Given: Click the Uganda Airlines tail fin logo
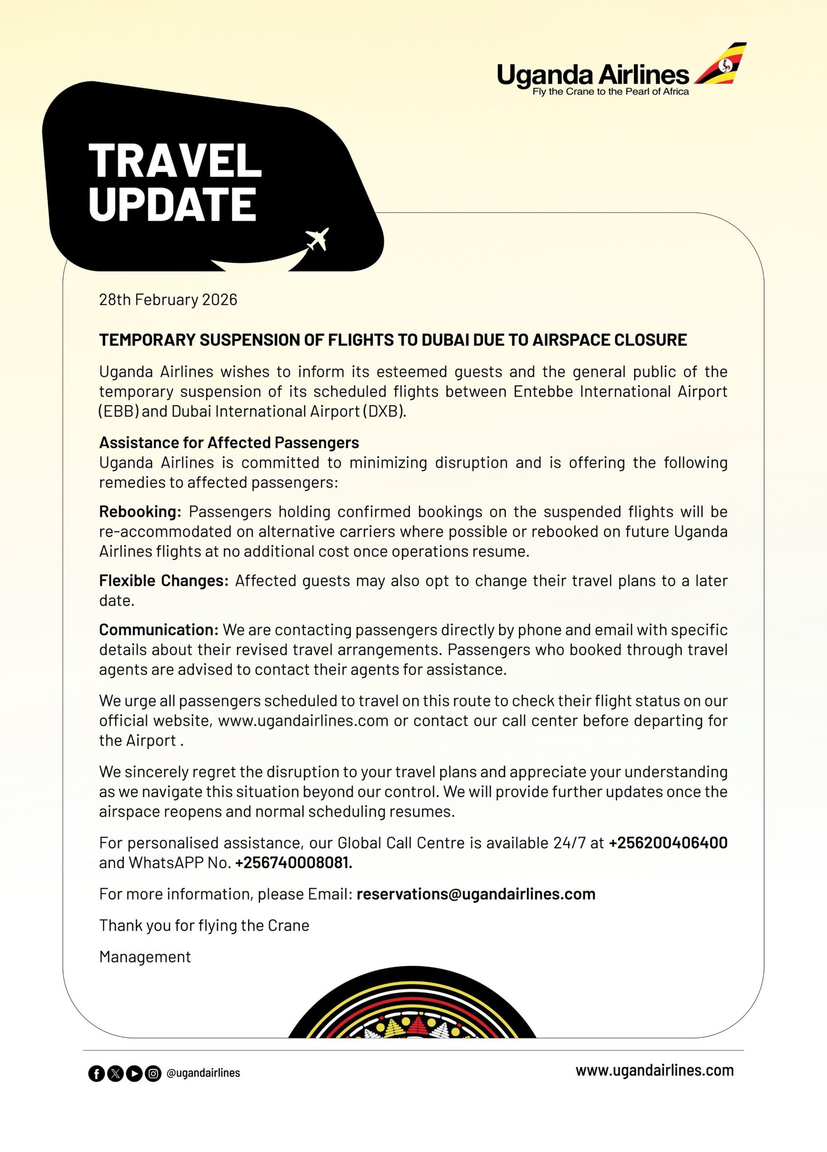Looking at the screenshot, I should pyautogui.click(x=721, y=64).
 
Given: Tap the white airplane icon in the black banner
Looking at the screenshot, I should pyautogui.click(x=317, y=239).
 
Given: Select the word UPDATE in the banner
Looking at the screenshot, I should pyautogui.click(x=173, y=204).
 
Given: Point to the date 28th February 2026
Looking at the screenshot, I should pyautogui.click(x=168, y=300).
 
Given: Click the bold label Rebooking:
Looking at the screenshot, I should pyautogui.click(x=140, y=512).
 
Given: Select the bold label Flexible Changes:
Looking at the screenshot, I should pyautogui.click(x=163, y=581).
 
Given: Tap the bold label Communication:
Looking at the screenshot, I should pyautogui.click(x=159, y=630).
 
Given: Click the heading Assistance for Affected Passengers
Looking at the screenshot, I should pyautogui.click(x=229, y=443).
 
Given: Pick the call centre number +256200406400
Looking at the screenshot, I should pyautogui.click(x=668, y=843).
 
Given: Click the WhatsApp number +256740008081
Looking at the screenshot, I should pyautogui.click(x=293, y=863).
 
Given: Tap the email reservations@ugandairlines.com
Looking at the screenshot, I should pyautogui.click(x=476, y=894).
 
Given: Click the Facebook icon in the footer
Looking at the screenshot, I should pyautogui.click(x=96, y=1074).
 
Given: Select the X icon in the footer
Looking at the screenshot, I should pyautogui.click(x=115, y=1074).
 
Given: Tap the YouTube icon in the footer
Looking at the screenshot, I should pyautogui.click(x=134, y=1074).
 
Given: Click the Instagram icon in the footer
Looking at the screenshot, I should pyautogui.click(x=153, y=1074).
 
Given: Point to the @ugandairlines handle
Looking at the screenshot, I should pyautogui.click(x=203, y=1073).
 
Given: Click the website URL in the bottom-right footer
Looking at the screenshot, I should pyautogui.click(x=654, y=1070).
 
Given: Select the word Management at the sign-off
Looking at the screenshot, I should pyautogui.click(x=145, y=957).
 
